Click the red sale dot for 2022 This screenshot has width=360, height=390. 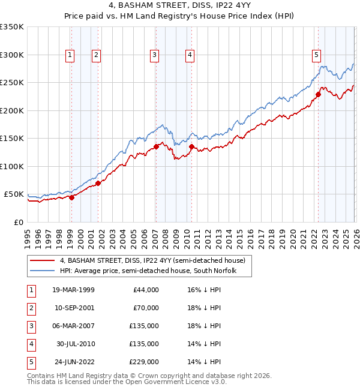point(318,94)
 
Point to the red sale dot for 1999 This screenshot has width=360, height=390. point(71,197)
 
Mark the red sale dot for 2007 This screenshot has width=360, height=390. point(156,146)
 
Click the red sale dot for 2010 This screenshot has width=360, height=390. point(191,146)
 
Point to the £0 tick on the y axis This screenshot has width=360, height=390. point(18,222)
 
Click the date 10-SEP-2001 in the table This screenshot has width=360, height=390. point(73,308)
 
